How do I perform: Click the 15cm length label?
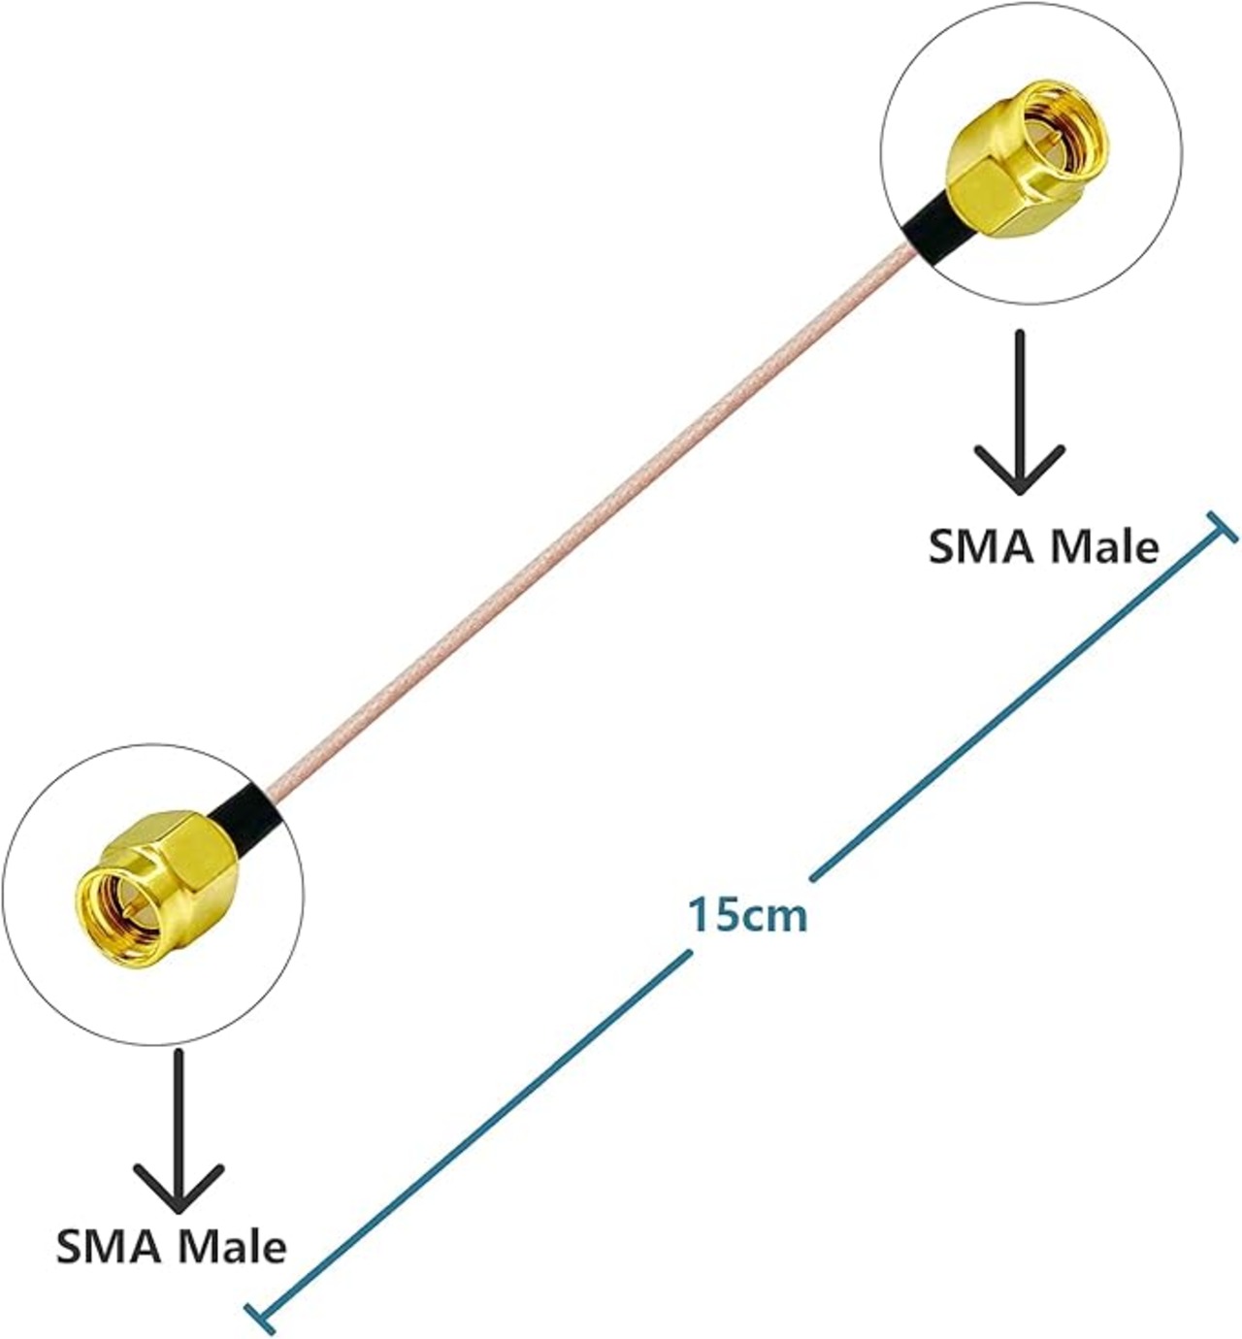coord(747,914)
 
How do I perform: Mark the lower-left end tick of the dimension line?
coord(260,1318)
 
